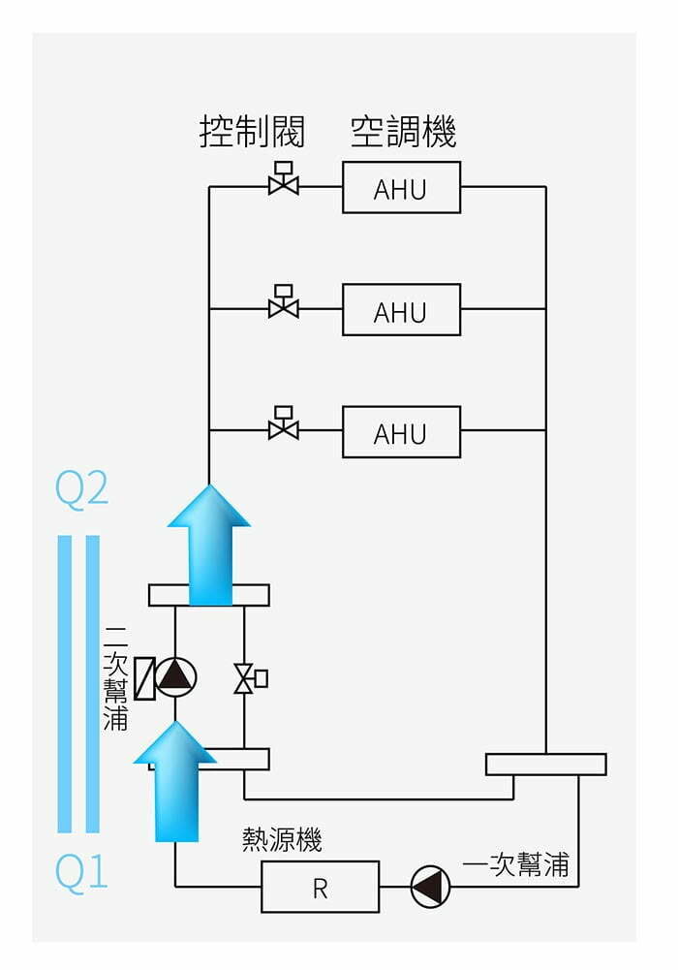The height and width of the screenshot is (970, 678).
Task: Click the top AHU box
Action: (401, 188)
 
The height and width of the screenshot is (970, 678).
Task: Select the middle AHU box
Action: (401, 310)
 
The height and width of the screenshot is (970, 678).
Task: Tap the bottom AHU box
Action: (401, 432)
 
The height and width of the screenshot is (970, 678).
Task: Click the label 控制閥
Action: (252, 132)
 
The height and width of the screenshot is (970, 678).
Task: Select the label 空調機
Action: (403, 132)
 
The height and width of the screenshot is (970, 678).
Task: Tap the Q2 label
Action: (81, 490)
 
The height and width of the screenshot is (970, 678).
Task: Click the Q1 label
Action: (81, 873)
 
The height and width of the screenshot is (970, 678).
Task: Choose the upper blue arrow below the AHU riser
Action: (209, 545)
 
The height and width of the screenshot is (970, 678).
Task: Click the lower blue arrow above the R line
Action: (175, 781)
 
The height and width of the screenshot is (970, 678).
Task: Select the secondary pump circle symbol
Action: (175, 677)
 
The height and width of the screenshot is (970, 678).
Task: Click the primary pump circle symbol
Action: (430, 887)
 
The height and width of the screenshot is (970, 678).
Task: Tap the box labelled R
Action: (320, 887)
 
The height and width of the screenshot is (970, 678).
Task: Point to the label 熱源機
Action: (282, 840)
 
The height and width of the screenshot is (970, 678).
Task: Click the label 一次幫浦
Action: (515, 864)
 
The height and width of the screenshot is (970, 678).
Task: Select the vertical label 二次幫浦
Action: (115, 677)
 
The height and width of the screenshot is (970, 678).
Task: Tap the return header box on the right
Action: (545, 764)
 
